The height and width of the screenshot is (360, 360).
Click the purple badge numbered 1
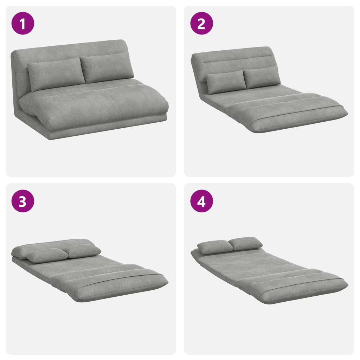click(23, 24)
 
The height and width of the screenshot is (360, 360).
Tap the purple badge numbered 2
click(201, 24)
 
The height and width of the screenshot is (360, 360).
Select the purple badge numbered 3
click(23, 201)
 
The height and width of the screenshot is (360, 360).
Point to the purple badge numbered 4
click(201, 201)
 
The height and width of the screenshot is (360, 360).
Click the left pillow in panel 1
click(56, 73)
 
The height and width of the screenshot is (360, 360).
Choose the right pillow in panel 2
click(262, 77)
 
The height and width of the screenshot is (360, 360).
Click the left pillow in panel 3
click(47, 255)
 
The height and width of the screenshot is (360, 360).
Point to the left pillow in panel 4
click(215, 247)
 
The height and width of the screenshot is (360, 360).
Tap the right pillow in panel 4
click(246, 243)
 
